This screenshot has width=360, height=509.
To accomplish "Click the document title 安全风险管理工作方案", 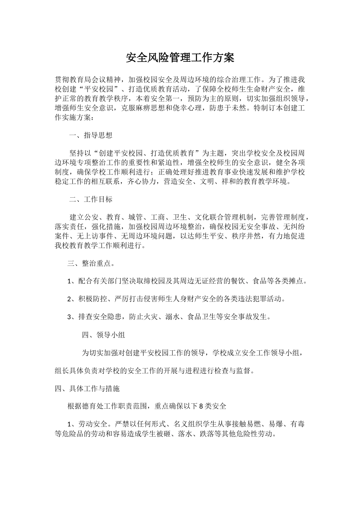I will [180, 58].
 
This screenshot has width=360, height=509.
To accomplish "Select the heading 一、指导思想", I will [91, 135].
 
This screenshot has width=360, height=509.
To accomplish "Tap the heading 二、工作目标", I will [91, 199].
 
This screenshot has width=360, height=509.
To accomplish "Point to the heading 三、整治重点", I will [91, 263].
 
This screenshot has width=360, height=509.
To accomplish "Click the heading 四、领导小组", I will [103, 335].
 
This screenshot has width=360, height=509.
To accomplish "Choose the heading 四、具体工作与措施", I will [87, 389].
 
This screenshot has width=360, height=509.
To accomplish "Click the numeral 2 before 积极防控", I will [69, 299].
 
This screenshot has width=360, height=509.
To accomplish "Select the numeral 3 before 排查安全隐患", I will [69, 317].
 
